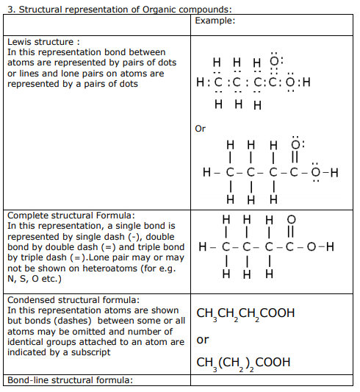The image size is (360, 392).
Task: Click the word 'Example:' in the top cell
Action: click(215, 21)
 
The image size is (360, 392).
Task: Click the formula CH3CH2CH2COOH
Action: click(245, 314)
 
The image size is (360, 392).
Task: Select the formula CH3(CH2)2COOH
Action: click(243, 363)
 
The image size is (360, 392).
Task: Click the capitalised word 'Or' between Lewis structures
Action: click(201, 129)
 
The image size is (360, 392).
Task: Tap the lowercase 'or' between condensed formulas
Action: click(203, 340)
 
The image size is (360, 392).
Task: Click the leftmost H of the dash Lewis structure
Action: click(209, 174)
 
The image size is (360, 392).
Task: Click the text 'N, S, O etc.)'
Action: click(37, 279)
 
